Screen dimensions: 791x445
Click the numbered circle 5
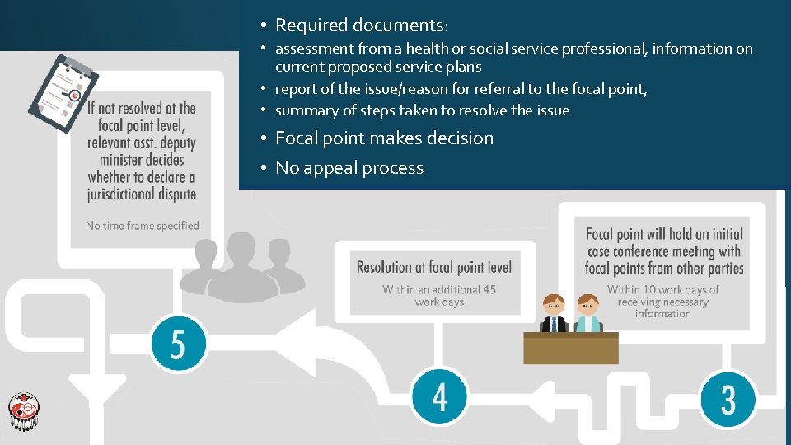[x=178, y=344]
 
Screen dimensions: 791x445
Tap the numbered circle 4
[x=439, y=396]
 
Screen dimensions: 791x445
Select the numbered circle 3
[x=728, y=398]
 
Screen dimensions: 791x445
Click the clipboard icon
[x=63, y=91]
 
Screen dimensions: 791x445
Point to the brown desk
[x=570, y=347]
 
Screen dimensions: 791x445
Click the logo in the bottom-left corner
[x=23, y=410]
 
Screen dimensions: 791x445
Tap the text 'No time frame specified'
[x=143, y=225]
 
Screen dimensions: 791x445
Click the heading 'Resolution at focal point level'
[x=434, y=266]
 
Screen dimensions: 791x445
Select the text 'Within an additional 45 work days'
[x=438, y=295]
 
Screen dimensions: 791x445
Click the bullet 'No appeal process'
[x=349, y=168]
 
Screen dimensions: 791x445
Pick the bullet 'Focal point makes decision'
[x=384, y=138]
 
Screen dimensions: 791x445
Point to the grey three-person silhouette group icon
[x=241, y=266]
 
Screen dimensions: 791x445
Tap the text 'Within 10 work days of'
[x=663, y=289]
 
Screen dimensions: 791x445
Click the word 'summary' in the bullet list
[x=302, y=110]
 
